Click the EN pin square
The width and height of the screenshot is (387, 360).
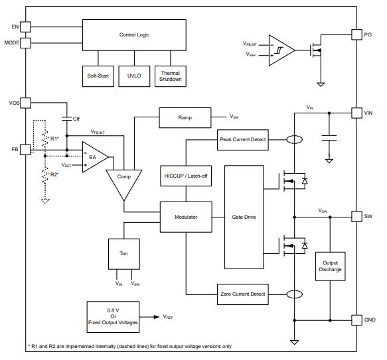[x=25, y=27]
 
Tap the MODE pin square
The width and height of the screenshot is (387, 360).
[x=25, y=42]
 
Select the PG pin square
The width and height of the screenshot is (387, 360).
[x=356, y=34]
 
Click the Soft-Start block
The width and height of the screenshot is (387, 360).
[x=98, y=76]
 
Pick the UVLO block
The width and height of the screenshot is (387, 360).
[x=134, y=76]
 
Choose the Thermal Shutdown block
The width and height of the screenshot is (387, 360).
[x=171, y=76]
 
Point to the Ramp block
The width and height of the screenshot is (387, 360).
[x=185, y=117]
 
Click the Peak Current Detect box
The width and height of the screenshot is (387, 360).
[x=242, y=140]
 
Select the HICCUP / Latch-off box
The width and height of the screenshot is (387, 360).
[x=186, y=176]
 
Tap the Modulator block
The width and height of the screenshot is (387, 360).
[x=186, y=217]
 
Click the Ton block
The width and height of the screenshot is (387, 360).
[x=124, y=254]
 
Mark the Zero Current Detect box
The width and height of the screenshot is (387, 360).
[x=242, y=294]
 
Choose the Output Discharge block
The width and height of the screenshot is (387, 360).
[x=330, y=267]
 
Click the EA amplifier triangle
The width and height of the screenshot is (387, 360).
[x=95, y=157]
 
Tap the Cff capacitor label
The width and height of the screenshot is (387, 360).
[x=76, y=119]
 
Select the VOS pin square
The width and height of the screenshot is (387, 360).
[x=25, y=103]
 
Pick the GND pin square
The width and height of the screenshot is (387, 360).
[x=356, y=320]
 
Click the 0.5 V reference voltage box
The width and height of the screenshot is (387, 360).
[x=113, y=317]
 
